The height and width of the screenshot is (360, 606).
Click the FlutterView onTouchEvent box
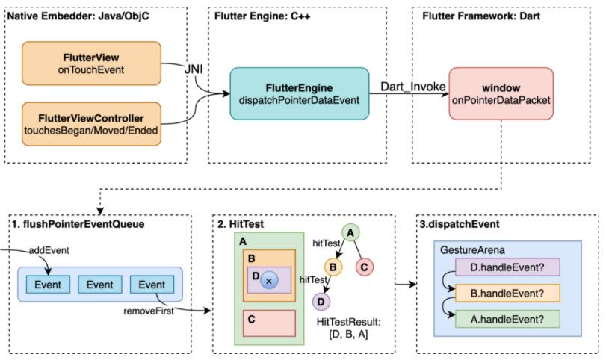[x=92, y=63]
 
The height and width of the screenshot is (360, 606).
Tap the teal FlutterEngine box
[x=299, y=93]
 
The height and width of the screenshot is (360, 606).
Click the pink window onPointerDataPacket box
[x=501, y=93]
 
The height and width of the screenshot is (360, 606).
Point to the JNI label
[x=195, y=69]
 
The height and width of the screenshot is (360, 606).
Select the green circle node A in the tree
[x=350, y=233]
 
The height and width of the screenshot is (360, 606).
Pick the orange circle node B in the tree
[x=333, y=266]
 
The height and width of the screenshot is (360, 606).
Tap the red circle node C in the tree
[x=366, y=266]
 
